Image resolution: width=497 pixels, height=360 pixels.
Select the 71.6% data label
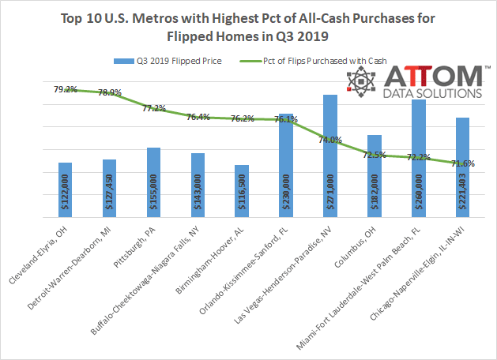click(463, 163)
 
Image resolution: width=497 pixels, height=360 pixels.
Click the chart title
click(248, 26)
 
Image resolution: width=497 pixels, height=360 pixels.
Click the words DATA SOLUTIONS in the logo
click(434, 93)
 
